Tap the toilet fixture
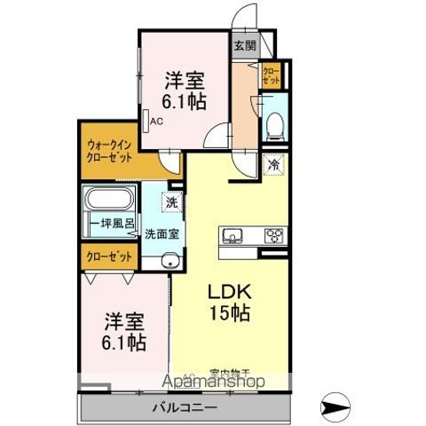click(274, 124)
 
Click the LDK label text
click(228, 291)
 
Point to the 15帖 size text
click(228, 312)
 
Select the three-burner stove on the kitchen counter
click(274, 236)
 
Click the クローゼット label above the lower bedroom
click(109, 256)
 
